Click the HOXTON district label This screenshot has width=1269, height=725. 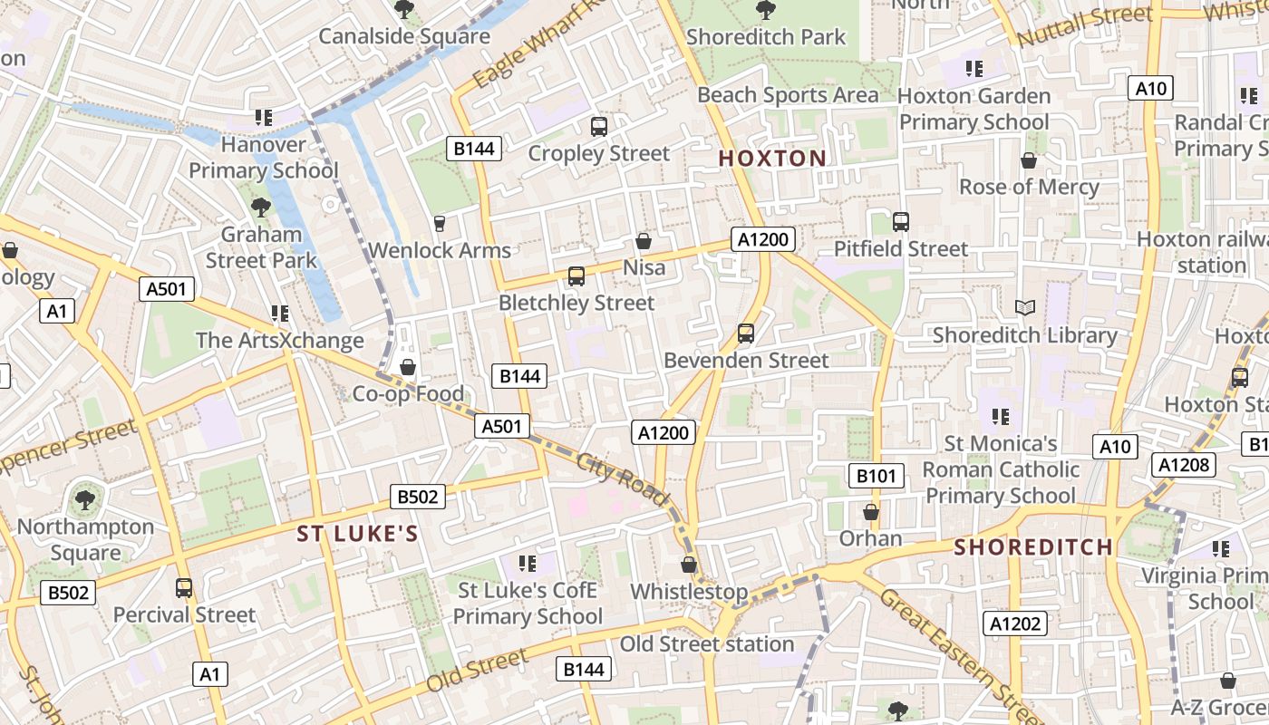click(772, 159)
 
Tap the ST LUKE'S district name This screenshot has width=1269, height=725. click(358, 534)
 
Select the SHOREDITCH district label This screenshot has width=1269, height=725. click(1032, 547)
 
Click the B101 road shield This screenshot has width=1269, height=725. click(877, 475)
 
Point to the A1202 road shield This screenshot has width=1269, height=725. click(1015, 623)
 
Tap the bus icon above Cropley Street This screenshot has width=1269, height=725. click(598, 126)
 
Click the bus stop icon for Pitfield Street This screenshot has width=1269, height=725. click(901, 222)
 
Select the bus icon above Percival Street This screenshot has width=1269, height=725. click(184, 588)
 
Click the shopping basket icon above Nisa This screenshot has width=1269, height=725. click(644, 241)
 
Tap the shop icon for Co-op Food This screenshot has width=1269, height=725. click(408, 367)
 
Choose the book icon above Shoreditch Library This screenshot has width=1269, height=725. click(1025, 308)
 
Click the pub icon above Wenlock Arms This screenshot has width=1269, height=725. click(440, 223)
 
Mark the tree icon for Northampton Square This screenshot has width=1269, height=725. click(85, 499)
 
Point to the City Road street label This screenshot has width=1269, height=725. click(623, 479)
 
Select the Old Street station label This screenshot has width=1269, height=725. click(707, 644)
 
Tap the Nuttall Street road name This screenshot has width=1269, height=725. click(1084, 25)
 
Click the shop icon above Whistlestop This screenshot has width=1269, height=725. click(689, 565)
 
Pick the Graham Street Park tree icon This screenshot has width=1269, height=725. click(261, 208)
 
